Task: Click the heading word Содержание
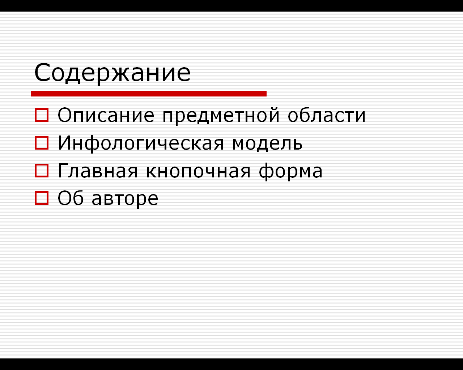coord(112,73)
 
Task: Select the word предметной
coord(221,116)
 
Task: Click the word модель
coord(267,143)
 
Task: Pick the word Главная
coord(97,171)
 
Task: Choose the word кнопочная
coord(198,171)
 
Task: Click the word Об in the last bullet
coord(71,198)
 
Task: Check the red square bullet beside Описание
coord(42,115)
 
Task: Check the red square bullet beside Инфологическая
coord(42,143)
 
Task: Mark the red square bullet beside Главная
coord(42,171)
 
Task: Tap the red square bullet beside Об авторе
coord(42,198)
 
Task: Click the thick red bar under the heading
coord(149,94)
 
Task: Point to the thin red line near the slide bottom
coord(231,324)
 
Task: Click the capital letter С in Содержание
coord(42,73)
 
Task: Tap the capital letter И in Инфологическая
coord(64,143)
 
